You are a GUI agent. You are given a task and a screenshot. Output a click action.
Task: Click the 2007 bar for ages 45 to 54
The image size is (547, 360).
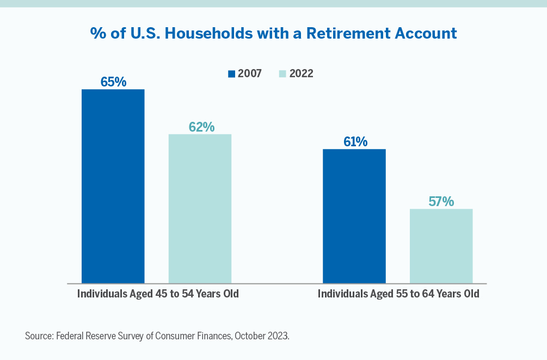pos(113,186)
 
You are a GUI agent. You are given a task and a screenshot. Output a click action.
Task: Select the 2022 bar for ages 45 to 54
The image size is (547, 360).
pos(200,208)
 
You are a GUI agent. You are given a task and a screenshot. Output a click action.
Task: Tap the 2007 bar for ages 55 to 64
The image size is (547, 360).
pos(354,216)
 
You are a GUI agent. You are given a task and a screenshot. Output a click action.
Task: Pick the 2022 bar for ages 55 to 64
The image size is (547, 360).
pos(441,246)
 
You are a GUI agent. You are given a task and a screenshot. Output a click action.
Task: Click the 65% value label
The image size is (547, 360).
pos(113,82)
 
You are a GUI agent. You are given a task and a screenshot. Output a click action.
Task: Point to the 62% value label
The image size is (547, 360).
pos(201,127)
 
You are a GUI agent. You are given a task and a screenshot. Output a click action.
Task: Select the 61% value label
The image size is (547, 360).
pos(355,142)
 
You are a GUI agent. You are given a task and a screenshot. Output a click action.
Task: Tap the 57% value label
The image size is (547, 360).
pos(441,201)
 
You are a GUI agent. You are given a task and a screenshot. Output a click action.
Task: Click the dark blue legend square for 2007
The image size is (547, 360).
pos(232,74)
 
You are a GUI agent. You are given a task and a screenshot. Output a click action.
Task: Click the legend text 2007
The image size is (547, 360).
pos(249,74)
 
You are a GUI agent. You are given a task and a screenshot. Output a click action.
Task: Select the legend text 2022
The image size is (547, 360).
pos(301,74)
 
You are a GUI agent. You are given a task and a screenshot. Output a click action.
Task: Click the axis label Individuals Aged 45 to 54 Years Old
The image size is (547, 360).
pos(158,294)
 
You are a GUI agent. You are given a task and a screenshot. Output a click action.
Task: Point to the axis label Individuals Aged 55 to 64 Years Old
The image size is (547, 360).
pos(398,294)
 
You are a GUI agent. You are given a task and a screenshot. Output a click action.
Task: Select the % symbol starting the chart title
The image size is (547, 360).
pos(97,33)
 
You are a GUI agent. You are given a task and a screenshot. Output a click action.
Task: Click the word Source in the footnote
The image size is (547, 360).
pos(39,336)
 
